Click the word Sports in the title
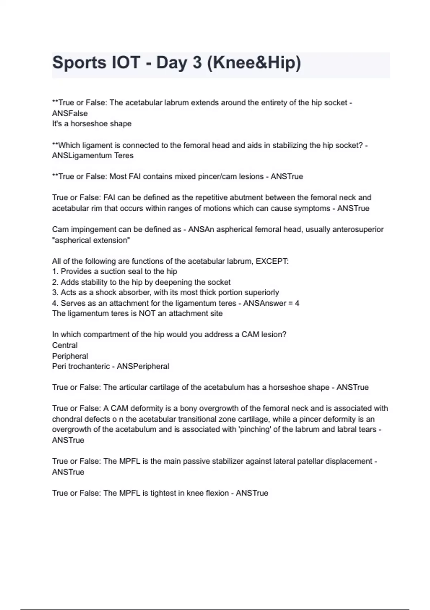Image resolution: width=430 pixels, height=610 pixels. [x=78, y=63]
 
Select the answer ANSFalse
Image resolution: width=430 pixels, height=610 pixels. [x=70, y=113]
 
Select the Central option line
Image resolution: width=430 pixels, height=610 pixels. [x=65, y=346]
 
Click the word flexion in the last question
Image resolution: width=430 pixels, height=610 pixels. [x=217, y=493]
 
